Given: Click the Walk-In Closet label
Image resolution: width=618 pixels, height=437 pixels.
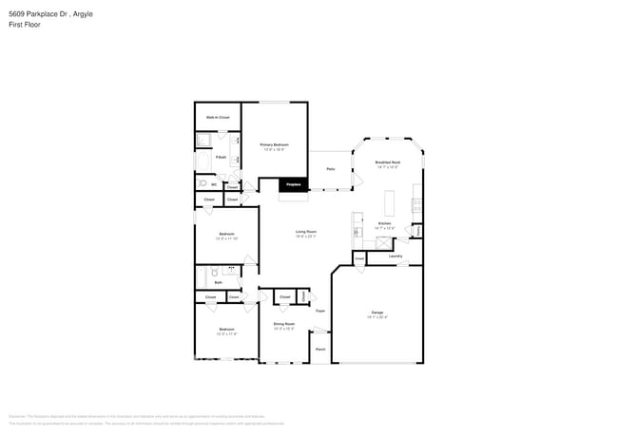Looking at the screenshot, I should point(218,117).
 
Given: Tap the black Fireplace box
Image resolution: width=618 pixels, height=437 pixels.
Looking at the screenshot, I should point(294,184).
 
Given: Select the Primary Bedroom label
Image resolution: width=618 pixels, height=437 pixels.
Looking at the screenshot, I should point(274,144).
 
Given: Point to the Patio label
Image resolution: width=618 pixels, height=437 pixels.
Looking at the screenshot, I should point(330,168).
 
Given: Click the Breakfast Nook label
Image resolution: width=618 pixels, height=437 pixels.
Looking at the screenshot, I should point(387,162).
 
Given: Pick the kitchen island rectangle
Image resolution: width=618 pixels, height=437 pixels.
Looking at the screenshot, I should point(389,202).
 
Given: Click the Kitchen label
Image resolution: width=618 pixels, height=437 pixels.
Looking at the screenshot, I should point(383,224).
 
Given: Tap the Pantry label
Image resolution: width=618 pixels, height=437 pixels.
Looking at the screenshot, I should point(416,230).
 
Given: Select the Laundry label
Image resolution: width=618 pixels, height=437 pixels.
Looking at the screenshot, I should point(396,256).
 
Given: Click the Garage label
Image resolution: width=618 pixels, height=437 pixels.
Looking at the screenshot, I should point(377,312).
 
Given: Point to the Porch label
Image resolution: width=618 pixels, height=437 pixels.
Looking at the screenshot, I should point(320,349).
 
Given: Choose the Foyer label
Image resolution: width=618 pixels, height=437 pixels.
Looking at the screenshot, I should point(320,311).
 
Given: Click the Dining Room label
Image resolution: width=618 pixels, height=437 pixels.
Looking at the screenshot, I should point(284,324).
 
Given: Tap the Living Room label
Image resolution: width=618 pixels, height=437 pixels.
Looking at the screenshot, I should point(305,232).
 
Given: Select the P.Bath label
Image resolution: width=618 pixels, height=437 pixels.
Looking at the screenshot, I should point(220,157).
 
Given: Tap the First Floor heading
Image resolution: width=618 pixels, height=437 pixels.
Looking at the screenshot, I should point(22,27).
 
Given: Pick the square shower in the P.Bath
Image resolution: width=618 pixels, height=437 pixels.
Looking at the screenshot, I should point(203,141).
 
